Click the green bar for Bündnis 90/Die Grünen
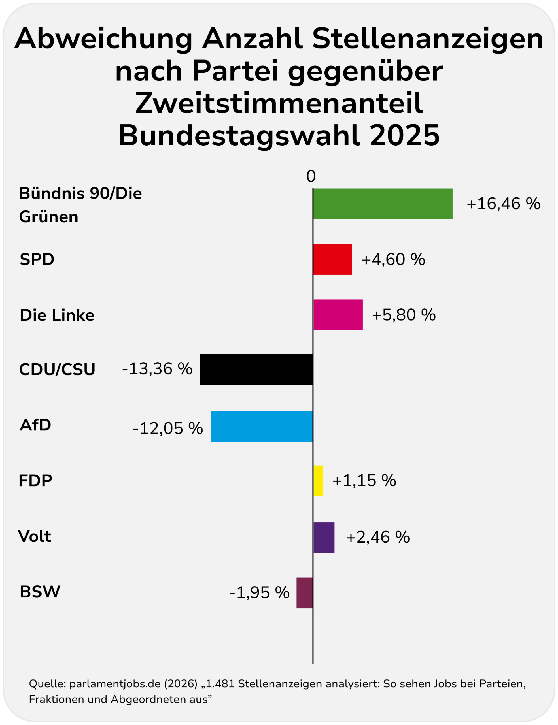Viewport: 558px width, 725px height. pos(383,204)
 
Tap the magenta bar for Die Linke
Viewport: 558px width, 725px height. pos(338,315)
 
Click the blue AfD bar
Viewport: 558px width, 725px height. pos(262,426)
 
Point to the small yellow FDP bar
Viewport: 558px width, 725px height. pos(318,481)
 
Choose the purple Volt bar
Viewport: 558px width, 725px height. pos(324,537)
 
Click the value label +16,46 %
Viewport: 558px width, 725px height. pos(503,204)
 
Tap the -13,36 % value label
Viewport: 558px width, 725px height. pos(157,369)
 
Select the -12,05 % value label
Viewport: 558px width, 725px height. pos(168,428)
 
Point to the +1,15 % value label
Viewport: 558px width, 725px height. pos(364,481)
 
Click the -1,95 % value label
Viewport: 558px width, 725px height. pos(259,593)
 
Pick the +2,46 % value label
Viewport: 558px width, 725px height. pos(378,537)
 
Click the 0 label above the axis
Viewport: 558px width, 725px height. pos(311,177)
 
